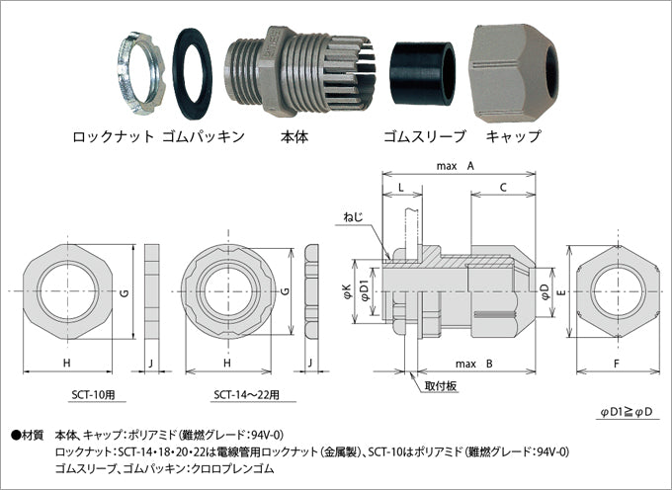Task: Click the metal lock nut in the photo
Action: [138, 71]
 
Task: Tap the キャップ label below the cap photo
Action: [513, 137]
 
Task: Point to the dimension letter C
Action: [503, 187]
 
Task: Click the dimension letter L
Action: [400, 187]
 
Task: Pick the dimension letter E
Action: [558, 293]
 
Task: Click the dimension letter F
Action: [619, 365]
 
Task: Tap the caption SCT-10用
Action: [93, 394]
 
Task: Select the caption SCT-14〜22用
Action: [247, 394]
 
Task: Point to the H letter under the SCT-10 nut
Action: [67, 365]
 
